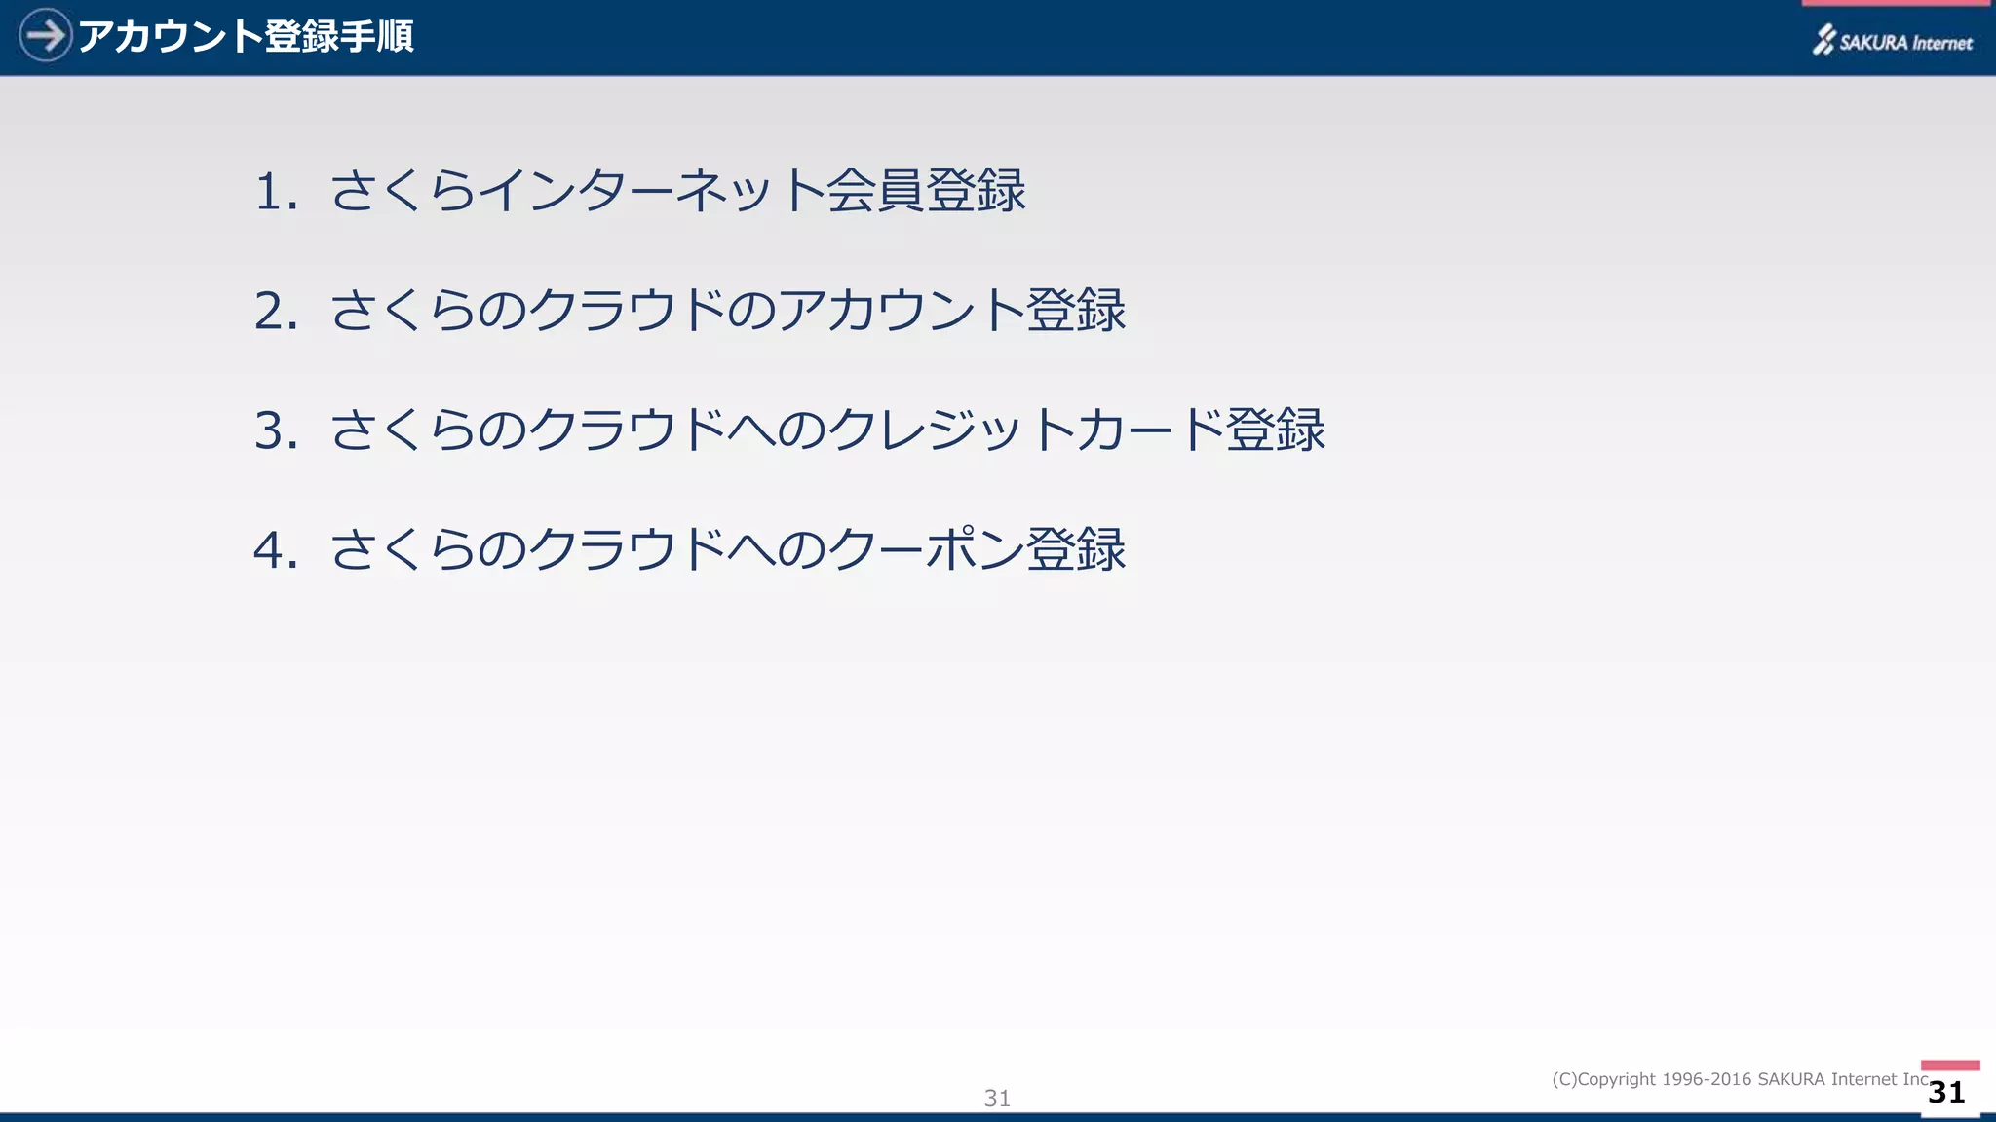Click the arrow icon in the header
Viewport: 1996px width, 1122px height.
45,36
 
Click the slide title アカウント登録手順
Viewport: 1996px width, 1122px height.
246,37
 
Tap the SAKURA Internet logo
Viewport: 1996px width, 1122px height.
1892,41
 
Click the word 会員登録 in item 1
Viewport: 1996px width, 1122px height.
926,190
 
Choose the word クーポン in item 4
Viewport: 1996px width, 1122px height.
926,549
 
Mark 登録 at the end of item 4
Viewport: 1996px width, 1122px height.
1076,549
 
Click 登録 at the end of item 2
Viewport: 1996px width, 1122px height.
1076,311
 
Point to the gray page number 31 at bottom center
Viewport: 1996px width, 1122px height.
997,1098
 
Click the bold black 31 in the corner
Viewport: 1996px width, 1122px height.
1946,1092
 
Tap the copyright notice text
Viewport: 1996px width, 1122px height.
1740,1079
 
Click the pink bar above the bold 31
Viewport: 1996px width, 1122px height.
1950,1066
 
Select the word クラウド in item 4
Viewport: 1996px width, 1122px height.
628,549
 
